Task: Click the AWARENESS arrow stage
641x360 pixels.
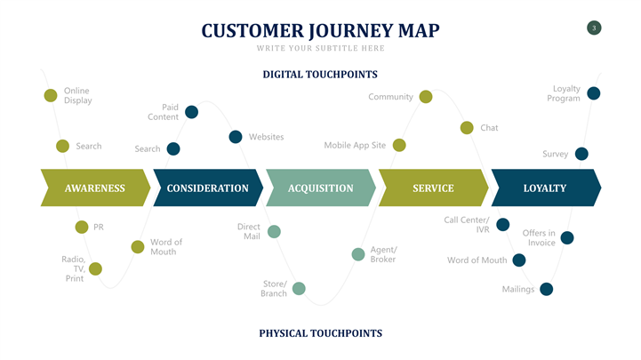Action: click(x=94, y=188)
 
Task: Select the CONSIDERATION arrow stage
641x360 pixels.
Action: click(x=207, y=188)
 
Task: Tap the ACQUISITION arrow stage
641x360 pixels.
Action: click(x=320, y=188)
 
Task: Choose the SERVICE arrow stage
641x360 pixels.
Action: click(x=433, y=188)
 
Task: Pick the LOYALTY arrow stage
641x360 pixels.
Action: click(x=545, y=188)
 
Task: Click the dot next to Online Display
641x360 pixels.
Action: click(x=51, y=95)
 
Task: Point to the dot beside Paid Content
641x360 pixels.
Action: click(x=191, y=112)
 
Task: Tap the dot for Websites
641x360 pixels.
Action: click(x=236, y=137)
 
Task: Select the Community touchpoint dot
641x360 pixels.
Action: click(x=426, y=97)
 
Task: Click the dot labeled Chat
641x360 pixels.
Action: click(x=467, y=128)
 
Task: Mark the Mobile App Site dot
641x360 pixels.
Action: click(x=399, y=145)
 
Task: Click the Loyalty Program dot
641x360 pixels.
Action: click(x=594, y=93)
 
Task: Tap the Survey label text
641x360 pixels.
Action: click(x=555, y=154)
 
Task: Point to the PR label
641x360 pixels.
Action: click(x=99, y=227)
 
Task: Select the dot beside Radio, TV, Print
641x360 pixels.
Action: click(x=95, y=268)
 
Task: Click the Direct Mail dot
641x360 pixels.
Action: click(x=274, y=232)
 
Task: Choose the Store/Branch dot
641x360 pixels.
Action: click(x=299, y=288)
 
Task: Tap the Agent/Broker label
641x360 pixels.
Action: click(x=383, y=254)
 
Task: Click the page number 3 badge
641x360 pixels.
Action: click(x=594, y=28)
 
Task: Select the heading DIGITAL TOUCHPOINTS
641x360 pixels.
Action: click(x=320, y=75)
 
